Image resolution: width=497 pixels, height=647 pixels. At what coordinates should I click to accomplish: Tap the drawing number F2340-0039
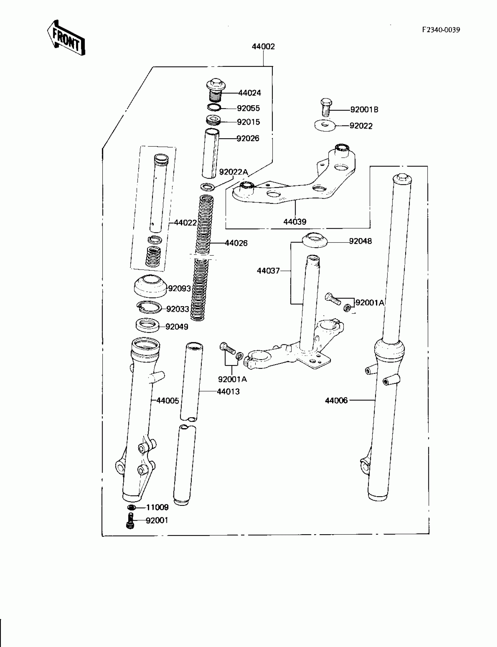441,30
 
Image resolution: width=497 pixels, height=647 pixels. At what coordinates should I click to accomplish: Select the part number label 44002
263,46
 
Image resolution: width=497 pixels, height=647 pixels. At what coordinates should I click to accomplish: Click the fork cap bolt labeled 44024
216,89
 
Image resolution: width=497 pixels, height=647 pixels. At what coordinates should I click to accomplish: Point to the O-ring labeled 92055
214,107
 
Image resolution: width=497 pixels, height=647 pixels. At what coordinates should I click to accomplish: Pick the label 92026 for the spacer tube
248,138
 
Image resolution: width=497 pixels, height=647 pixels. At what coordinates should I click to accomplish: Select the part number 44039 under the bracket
295,222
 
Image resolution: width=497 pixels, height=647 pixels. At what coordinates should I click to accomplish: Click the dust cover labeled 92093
150,286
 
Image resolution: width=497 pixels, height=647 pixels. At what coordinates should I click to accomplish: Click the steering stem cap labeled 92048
314,240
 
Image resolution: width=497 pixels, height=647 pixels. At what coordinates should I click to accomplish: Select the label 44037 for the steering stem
268,271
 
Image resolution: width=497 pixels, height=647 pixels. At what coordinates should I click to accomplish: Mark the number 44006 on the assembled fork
336,400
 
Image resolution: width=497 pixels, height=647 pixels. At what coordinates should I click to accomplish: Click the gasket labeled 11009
132,507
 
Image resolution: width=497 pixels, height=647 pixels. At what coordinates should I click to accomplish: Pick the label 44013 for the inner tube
228,392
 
